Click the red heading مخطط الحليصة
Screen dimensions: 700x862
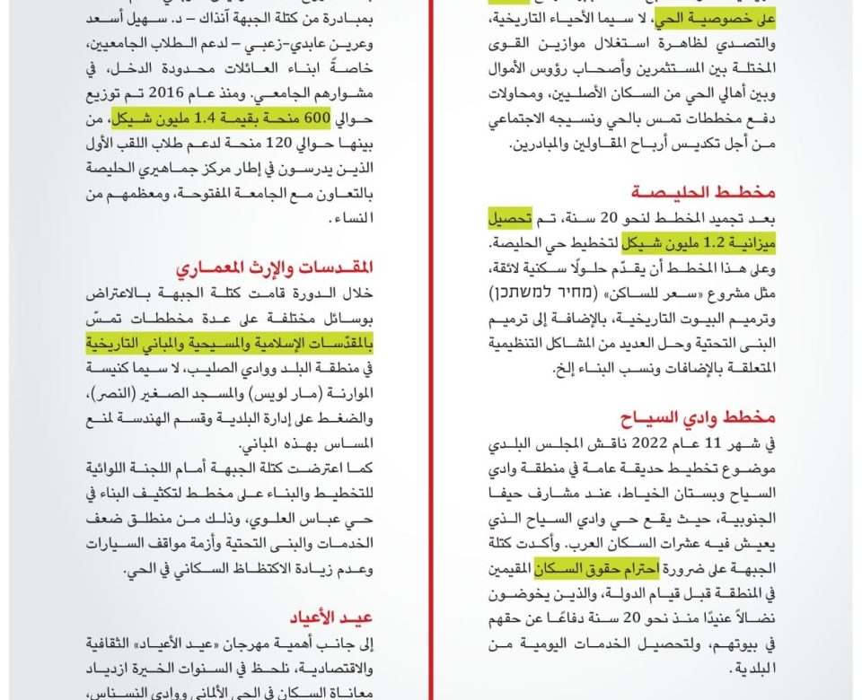[x=702, y=192]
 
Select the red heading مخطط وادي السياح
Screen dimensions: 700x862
[x=698, y=417]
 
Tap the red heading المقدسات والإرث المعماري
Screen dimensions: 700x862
[x=274, y=267]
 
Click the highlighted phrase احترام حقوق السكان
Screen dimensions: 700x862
[x=597, y=568]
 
